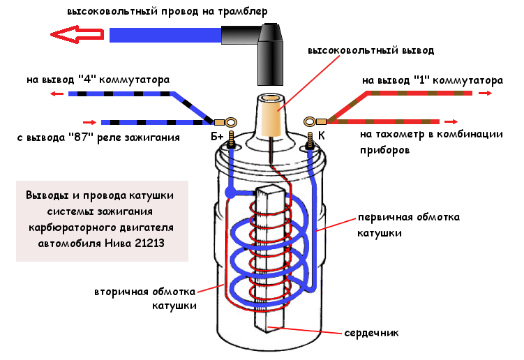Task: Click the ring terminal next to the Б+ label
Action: coord(228,122)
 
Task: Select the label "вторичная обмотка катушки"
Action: coord(145,298)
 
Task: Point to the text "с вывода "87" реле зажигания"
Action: coord(98,137)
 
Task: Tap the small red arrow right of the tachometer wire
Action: coord(451,121)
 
